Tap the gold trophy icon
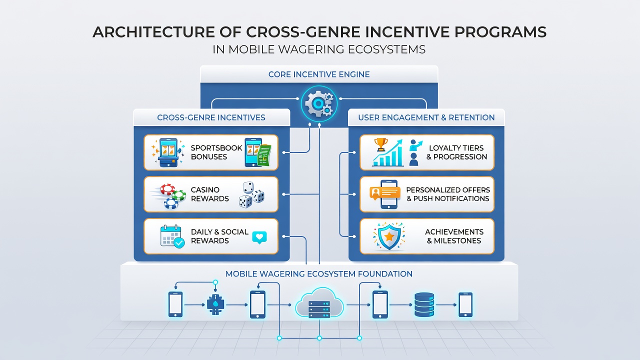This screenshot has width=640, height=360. point(381,144)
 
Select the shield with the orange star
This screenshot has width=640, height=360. point(389,237)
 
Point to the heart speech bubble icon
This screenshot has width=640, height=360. point(259,237)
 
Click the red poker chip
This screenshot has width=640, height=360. point(167,189)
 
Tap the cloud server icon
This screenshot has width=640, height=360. point(319,303)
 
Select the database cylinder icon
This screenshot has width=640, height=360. point(424,304)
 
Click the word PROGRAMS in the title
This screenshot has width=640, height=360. point(500,32)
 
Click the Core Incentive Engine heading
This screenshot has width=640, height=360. point(319,74)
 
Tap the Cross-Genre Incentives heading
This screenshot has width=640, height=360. point(211,117)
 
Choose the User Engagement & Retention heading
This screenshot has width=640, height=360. point(426,117)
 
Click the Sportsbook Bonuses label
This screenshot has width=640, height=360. point(216,152)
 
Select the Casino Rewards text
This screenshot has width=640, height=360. point(209,194)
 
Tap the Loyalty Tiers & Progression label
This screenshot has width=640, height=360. point(456,152)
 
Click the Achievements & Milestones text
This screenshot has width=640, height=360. point(454,236)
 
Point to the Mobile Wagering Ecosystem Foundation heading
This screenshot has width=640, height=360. point(319,273)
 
